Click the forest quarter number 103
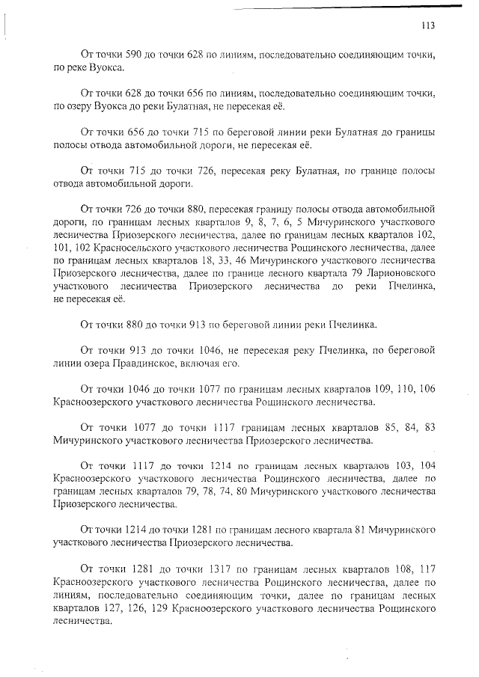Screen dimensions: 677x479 point(391,465)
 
